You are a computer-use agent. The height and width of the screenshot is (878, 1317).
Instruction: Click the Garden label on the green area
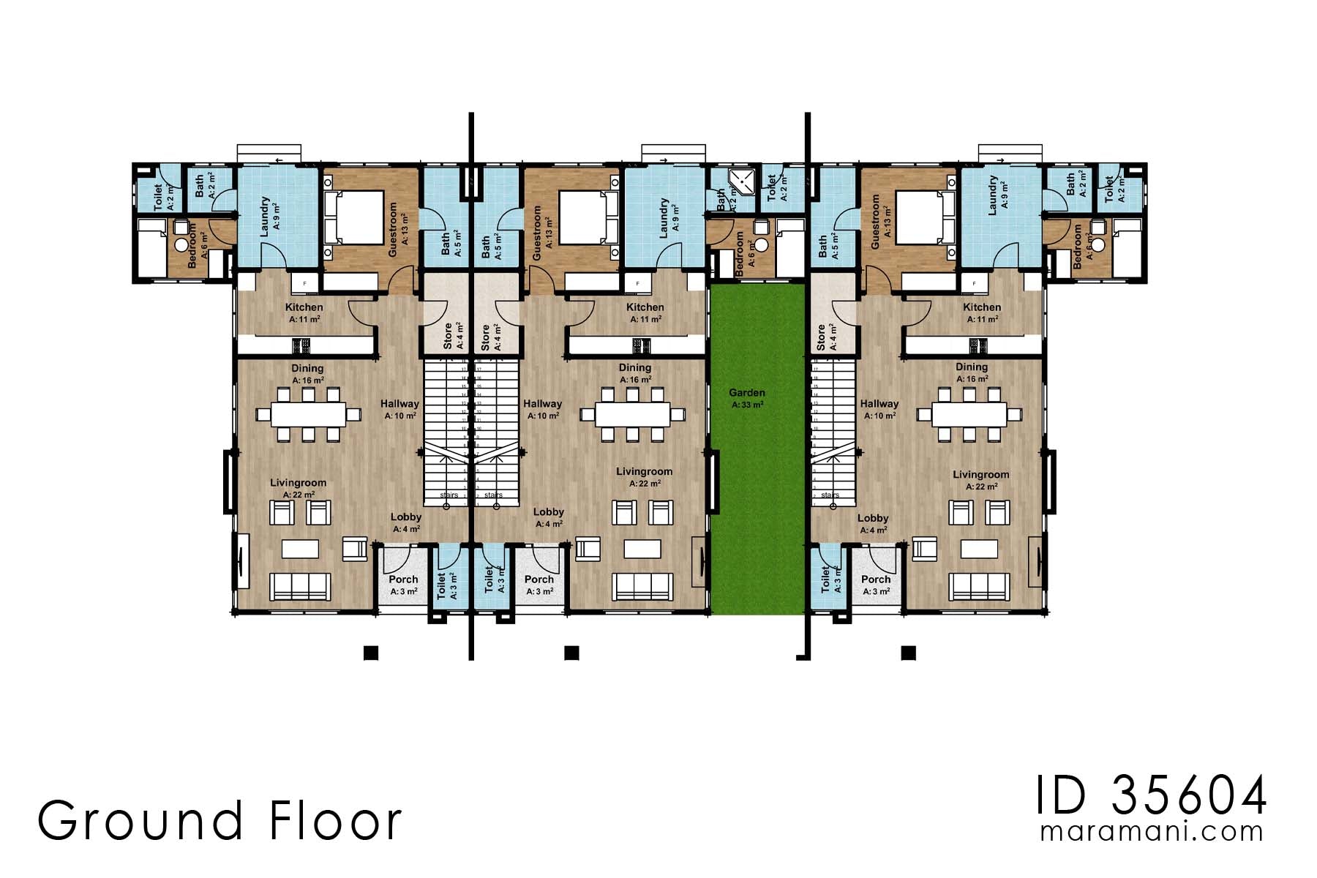(746, 393)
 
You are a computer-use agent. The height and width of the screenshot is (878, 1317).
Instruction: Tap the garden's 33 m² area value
(746, 405)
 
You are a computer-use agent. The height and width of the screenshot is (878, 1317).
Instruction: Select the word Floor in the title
(336, 821)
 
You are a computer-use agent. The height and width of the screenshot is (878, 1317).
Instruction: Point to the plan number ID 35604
(1151, 796)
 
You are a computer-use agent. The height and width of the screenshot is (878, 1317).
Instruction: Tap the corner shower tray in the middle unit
(743, 181)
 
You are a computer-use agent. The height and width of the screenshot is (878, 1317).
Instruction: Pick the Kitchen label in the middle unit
(645, 307)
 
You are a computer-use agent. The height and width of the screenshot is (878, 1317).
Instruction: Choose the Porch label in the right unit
(875, 579)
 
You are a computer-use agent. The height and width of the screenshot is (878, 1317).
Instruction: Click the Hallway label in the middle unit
(542, 404)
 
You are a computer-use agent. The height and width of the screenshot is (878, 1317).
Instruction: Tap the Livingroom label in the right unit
(980, 475)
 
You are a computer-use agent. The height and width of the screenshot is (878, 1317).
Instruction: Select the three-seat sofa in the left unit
(300, 586)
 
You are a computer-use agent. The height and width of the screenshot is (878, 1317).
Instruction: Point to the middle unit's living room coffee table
(642, 549)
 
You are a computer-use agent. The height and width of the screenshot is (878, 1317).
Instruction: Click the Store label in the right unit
(821, 337)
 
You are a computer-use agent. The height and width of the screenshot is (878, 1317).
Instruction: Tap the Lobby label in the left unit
(405, 517)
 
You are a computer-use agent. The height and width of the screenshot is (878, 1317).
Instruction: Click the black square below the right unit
(908, 653)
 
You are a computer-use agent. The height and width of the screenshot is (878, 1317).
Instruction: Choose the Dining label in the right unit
(971, 367)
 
